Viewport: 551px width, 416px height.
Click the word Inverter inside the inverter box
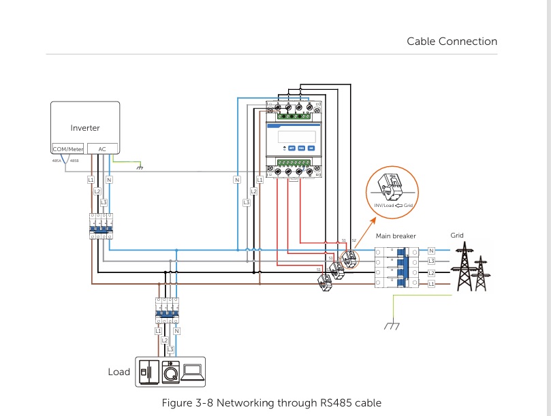(x=85, y=128)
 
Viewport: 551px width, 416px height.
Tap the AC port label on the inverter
(x=102, y=148)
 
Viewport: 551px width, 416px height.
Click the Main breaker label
(x=396, y=236)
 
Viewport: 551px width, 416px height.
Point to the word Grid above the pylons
(x=457, y=236)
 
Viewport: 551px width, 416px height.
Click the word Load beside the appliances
(x=119, y=372)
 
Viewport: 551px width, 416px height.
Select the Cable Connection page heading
(x=452, y=42)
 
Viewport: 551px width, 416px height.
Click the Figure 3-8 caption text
(x=271, y=402)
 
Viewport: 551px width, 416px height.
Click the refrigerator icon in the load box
(x=148, y=372)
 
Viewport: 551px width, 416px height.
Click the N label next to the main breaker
(x=431, y=251)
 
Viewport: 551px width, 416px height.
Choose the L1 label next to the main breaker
(x=431, y=283)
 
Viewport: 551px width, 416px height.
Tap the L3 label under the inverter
(x=104, y=202)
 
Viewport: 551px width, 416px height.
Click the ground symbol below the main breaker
(x=390, y=325)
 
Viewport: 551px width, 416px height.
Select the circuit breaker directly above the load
(x=167, y=311)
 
